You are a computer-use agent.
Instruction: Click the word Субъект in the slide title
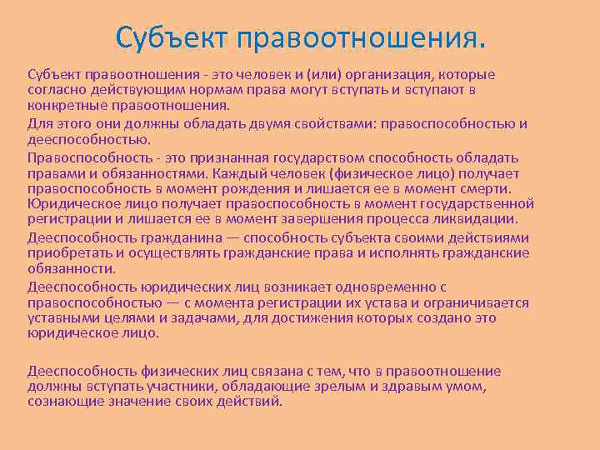pyautogui.click(x=172, y=37)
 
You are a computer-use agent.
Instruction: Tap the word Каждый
pyautogui.click(x=237, y=173)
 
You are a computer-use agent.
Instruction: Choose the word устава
pyautogui.click(x=337, y=302)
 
